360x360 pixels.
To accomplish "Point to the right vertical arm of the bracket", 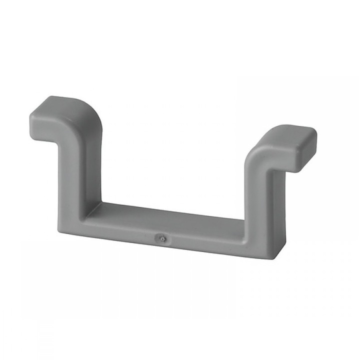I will click(260, 200).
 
